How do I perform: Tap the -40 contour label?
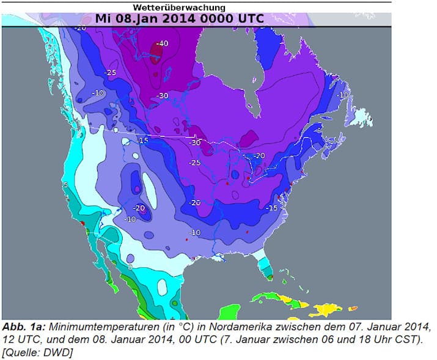click(161, 44)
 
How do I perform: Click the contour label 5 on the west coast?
click(64, 184)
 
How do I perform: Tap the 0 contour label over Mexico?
click(130, 267)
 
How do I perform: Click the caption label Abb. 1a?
click(22, 325)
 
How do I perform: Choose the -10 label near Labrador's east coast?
click(343, 95)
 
